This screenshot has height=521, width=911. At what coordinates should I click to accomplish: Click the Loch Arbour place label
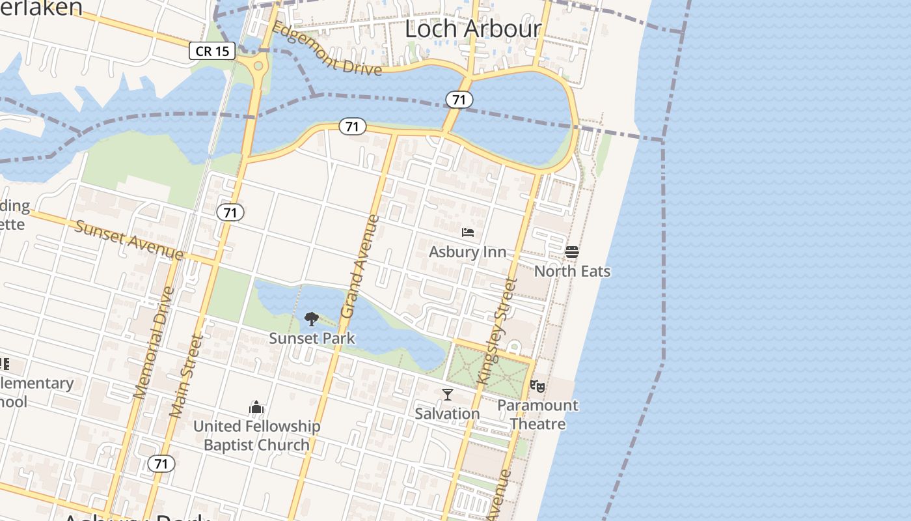pos(473,29)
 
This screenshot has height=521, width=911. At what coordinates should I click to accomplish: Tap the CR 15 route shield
pos(212,51)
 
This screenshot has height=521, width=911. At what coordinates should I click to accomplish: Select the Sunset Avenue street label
pos(129,240)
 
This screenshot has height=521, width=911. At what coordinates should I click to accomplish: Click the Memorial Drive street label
pos(153,343)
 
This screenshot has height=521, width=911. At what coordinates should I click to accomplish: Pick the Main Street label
pos(186,376)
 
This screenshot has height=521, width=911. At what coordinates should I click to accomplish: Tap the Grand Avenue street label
pos(359,266)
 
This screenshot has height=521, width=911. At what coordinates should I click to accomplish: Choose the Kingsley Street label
pos(497,330)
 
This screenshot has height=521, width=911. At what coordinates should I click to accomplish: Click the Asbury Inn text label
pos(467,252)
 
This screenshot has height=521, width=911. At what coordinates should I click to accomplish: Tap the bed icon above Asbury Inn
pos(467,232)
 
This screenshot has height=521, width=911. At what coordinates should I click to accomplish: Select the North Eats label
pos(572,271)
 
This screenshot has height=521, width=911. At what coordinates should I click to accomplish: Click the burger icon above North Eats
pos(572,252)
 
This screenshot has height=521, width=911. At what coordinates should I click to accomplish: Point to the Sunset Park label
pos(312,338)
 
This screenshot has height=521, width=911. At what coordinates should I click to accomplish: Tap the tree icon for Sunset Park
pos(312,319)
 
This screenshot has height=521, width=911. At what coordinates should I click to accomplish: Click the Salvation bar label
pos(447,414)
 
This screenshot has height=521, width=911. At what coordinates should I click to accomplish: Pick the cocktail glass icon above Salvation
pos(448,395)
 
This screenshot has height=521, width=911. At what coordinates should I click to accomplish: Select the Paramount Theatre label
pos(537,414)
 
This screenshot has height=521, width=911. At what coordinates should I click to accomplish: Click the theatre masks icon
pos(537,386)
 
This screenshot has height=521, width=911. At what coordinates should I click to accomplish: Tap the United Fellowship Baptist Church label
pos(256,436)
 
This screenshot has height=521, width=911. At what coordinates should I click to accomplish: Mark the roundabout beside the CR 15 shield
pos(259,66)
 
